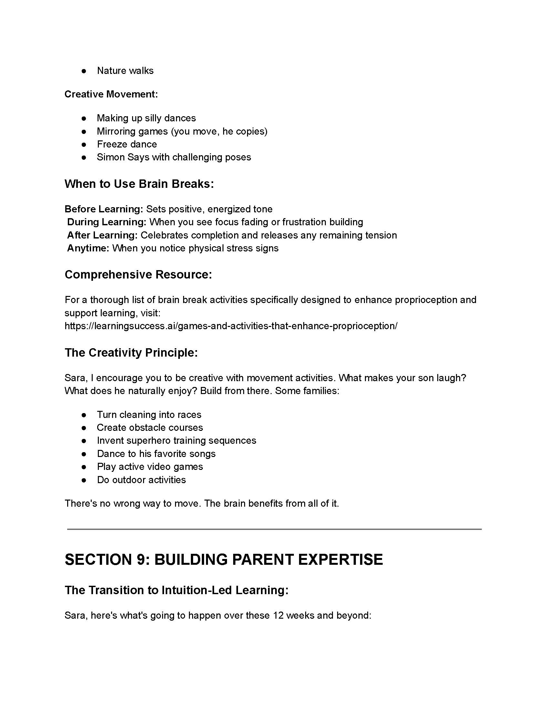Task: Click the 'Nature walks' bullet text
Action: coord(125,71)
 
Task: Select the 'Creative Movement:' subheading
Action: coord(111,94)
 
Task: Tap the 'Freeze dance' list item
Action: coord(127,144)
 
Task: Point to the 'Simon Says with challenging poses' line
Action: coord(174,157)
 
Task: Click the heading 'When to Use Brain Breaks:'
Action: coord(139,184)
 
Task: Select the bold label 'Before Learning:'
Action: coord(104,209)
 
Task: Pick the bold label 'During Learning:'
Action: coord(107,222)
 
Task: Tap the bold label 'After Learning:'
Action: coord(102,235)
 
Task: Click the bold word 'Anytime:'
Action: coord(88,248)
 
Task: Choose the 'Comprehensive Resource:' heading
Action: coord(138,275)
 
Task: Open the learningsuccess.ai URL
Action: coord(231,326)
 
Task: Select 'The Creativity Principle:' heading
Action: coord(131,353)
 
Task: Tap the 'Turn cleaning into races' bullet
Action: coord(149,414)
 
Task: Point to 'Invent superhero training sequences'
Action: coord(177,441)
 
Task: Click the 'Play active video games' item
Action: coord(150,467)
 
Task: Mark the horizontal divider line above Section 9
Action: coord(274,529)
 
